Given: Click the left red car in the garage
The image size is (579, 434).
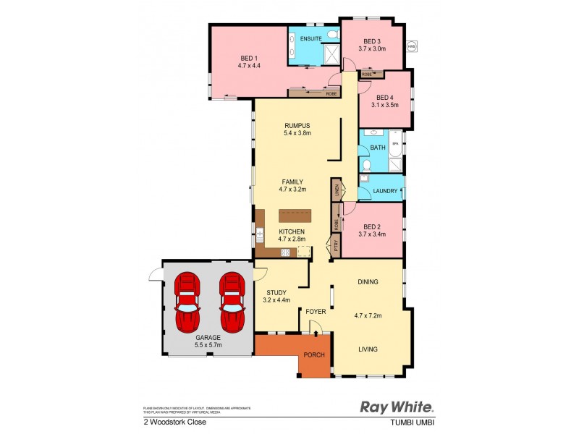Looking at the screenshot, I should coord(188,299).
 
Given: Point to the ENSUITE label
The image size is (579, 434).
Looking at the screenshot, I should coord(311,38).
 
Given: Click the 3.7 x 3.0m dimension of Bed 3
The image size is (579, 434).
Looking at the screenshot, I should coord(372,48).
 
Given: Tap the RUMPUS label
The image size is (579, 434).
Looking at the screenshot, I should coord(297,124).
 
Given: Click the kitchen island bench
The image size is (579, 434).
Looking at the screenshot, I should coord(297,216).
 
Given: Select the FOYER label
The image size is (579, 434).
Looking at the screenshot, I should coord(316,312).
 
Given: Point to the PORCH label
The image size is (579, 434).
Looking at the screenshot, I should coord(313,354).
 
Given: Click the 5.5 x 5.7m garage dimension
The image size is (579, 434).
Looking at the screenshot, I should coord(208,345).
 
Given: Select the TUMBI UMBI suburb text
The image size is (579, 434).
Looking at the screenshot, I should coord(415,422).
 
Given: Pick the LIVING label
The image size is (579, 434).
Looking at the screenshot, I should coord(368,349).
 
